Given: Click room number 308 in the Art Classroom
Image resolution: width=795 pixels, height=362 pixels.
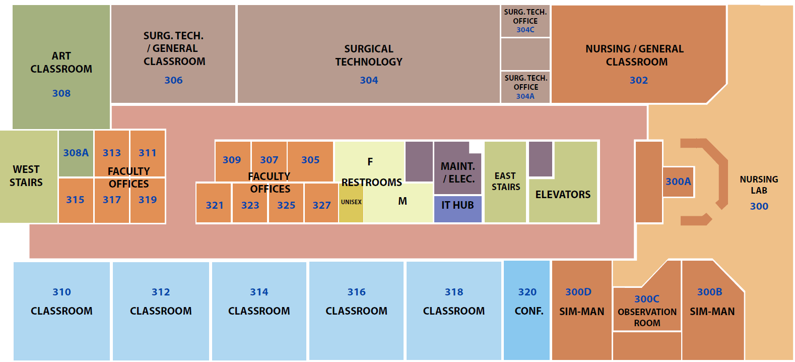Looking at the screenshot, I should (x=61, y=93).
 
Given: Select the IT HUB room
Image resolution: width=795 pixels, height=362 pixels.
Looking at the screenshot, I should (x=457, y=206).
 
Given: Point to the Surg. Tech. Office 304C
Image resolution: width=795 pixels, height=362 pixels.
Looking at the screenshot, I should (x=525, y=21).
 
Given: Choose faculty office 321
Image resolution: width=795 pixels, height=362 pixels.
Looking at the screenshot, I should (x=215, y=205).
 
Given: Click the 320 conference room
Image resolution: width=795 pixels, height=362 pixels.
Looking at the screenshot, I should (x=527, y=301).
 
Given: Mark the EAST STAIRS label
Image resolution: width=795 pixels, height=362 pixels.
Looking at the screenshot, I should (x=505, y=182).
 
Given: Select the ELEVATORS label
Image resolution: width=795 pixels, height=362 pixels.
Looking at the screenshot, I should (x=563, y=195).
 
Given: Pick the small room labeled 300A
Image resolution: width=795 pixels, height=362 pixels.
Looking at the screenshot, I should (x=678, y=182).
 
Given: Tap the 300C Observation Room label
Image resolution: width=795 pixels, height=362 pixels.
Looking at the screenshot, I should (x=647, y=311).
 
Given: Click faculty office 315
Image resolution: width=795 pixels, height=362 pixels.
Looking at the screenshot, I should (x=76, y=200).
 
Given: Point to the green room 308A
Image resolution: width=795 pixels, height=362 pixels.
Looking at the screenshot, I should (x=76, y=153).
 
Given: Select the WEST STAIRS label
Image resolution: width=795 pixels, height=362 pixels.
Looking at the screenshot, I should (x=26, y=176).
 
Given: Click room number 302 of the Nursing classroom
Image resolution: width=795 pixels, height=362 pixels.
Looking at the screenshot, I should (x=638, y=80).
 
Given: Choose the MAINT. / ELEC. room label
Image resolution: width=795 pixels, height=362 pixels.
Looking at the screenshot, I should (x=458, y=172).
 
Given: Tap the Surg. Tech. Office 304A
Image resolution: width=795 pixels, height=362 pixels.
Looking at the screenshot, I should (x=525, y=87).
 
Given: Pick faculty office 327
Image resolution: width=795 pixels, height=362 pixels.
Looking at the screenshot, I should (x=321, y=205).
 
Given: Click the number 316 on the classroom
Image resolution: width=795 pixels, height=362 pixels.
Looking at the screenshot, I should (x=356, y=292).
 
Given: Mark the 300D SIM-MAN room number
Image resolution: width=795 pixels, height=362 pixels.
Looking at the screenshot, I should (x=578, y=292).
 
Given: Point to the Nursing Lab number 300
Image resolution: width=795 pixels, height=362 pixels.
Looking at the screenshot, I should (x=759, y=206).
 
